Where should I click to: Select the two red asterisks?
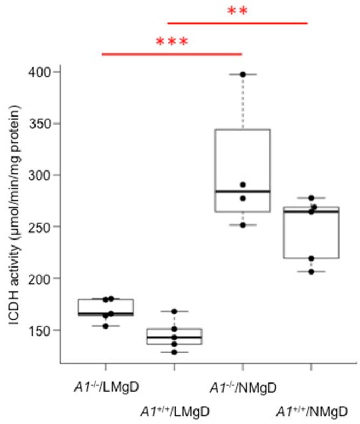click(x=237, y=11)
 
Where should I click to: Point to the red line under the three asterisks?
click(x=171, y=54)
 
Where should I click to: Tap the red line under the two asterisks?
click(x=237, y=23)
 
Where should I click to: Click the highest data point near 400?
click(x=243, y=74)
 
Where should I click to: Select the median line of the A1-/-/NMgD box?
click(x=243, y=191)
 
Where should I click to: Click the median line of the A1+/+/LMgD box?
click(x=174, y=337)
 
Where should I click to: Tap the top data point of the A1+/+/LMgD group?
click(x=174, y=311)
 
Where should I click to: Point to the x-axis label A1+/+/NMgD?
click(x=311, y=412)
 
